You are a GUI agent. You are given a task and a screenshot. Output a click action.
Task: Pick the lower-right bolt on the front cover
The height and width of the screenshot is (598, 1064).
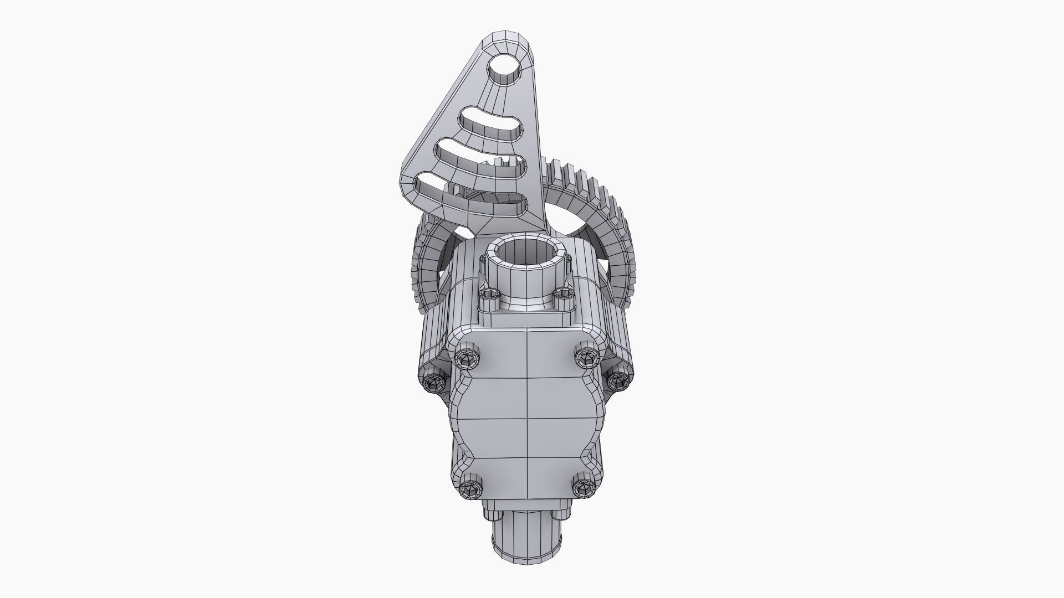(x=582, y=488)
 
